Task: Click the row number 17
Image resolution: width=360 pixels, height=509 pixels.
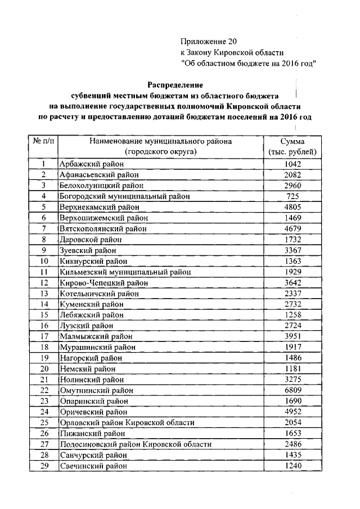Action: tap(43, 336)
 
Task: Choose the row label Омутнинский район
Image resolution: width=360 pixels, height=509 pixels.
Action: tap(97, 390)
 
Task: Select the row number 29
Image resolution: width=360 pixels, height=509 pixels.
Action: tap(43, 466)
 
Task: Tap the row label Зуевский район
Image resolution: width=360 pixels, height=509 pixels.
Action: tap(88, 250)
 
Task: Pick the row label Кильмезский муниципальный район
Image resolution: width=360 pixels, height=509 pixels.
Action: tap(125, 272)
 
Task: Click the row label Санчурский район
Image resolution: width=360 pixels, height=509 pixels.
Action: tap(93, 455)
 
